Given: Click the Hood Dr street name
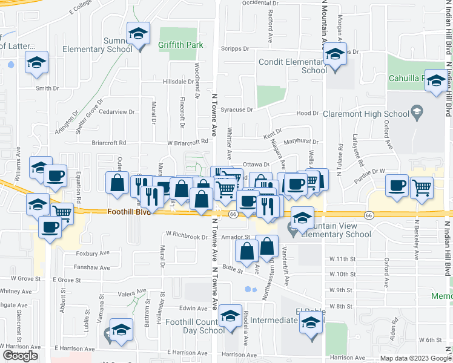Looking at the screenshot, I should click(307, 113).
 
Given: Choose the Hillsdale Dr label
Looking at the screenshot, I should click(177, 81).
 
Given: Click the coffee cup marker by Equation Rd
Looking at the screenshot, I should click(56, 175).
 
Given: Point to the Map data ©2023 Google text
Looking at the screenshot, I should click(415, 358).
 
